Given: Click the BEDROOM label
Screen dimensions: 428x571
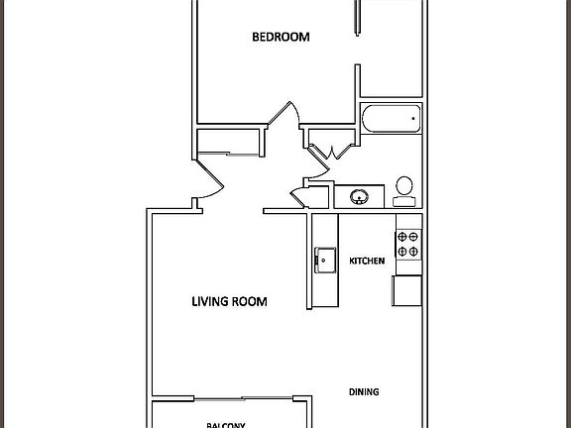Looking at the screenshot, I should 281,38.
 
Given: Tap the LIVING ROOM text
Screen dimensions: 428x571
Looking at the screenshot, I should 229,301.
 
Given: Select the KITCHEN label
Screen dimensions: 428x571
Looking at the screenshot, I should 367,262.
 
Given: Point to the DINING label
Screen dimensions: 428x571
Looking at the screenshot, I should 363,392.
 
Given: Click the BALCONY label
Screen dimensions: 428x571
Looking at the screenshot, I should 225,425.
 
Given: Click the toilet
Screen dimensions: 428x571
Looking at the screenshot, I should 404,189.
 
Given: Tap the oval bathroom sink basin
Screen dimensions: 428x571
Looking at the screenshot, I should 359,195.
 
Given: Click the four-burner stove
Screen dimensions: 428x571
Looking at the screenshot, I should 408,244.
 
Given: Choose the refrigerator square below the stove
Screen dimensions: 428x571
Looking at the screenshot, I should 407,290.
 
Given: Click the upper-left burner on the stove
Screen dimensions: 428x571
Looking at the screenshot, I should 401,237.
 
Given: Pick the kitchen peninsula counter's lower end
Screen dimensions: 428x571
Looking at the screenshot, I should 322,297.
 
